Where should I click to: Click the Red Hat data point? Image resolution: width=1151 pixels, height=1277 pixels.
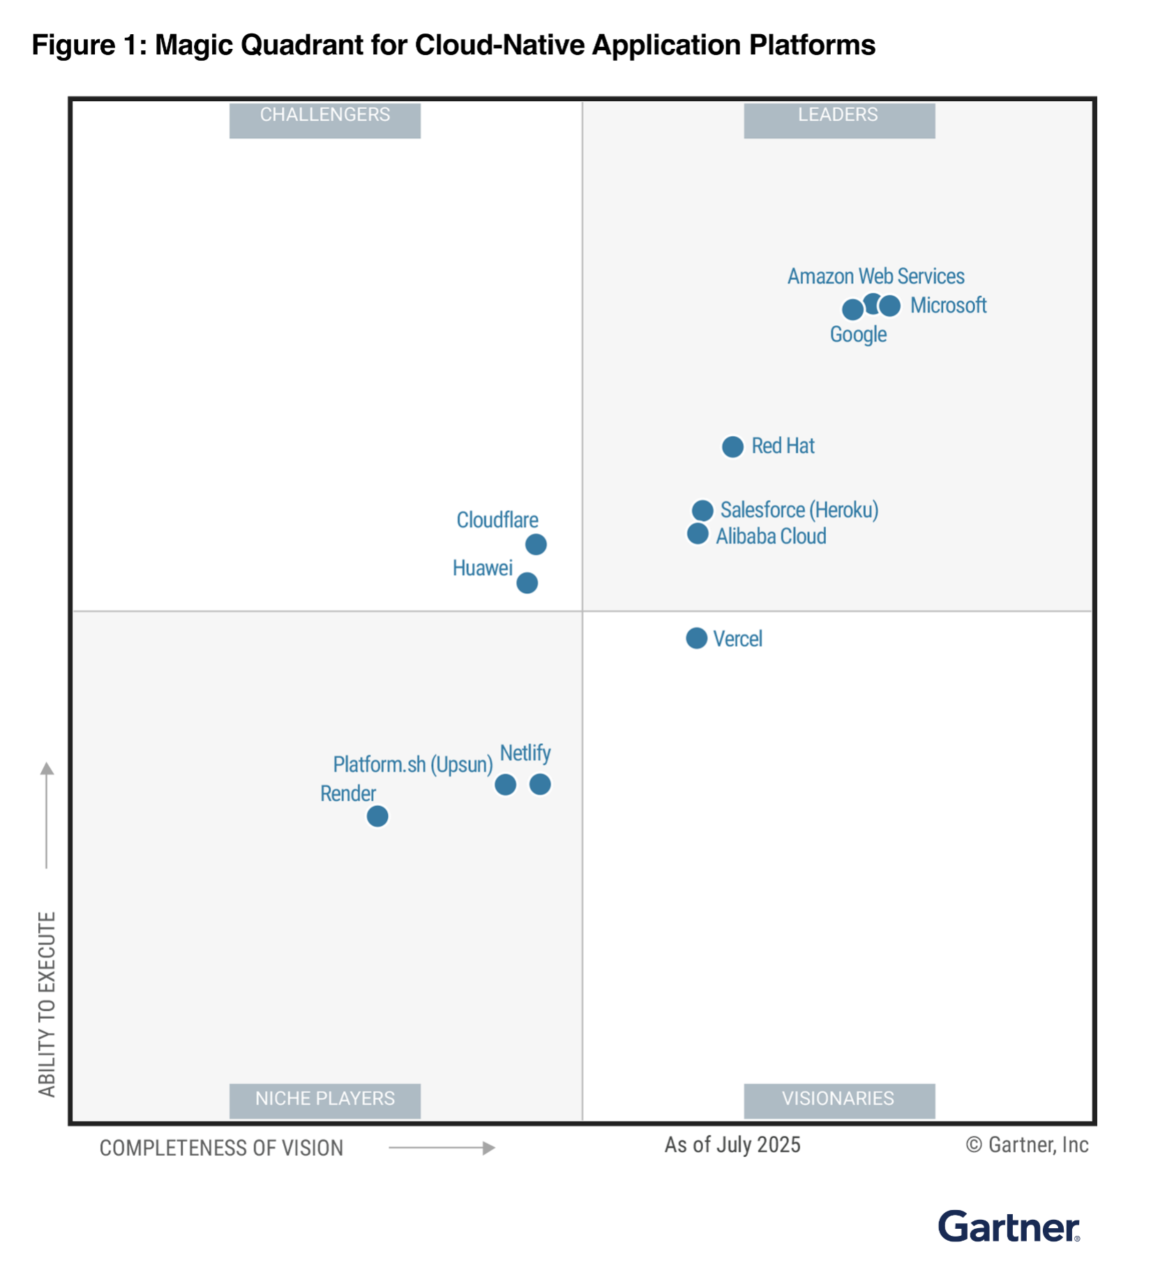click(x=732, y=447)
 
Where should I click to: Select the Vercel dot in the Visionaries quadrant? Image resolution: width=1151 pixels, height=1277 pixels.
click(x=696, y=638)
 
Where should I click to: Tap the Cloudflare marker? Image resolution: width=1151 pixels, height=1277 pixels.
click(x=536, y=544)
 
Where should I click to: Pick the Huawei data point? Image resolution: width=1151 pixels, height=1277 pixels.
click(x=527, y=583)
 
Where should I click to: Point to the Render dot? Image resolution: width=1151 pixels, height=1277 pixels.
click(x=377, y=816)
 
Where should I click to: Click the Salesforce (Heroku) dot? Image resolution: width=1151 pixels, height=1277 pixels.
click(x=702, y=510)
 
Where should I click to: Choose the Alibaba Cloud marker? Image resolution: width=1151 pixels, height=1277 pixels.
click(x=698, y=534)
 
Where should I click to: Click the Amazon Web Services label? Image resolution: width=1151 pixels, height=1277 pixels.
click(x=875, y=276)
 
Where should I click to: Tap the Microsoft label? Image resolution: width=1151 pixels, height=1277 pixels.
click(x=948, y=306)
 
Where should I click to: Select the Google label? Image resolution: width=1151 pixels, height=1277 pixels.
click(x=858, y=335)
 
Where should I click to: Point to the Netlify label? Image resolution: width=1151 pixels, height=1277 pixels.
click(x=525, y=753)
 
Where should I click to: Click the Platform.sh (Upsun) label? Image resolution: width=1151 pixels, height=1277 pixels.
click(x=413, y=765)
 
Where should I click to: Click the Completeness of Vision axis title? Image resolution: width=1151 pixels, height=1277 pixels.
click(x=222, y=1148)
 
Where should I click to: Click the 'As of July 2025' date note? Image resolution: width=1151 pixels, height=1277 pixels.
click(x=732, y=1145)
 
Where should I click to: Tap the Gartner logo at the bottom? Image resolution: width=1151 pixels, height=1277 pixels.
click(x=1009, y=1227)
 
